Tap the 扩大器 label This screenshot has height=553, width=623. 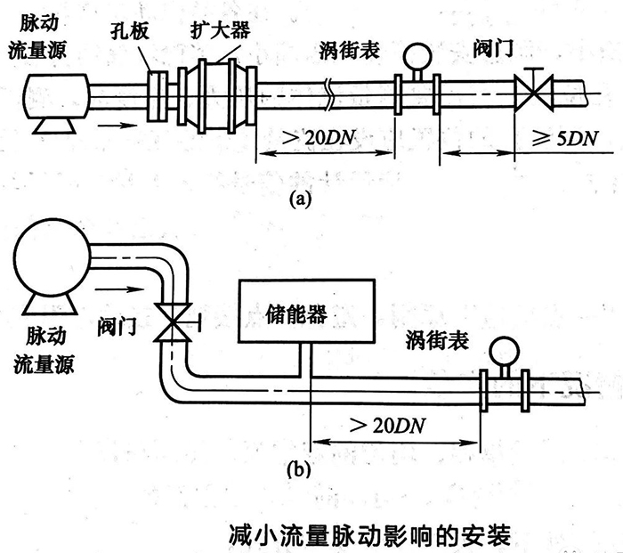pos(217,29)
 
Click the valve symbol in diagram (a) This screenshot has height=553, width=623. pos(534,91)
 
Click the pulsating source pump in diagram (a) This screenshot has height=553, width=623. pos(54,95)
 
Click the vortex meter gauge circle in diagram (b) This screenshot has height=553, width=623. pos(504,344)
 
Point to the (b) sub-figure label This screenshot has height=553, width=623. pos(299,469)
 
